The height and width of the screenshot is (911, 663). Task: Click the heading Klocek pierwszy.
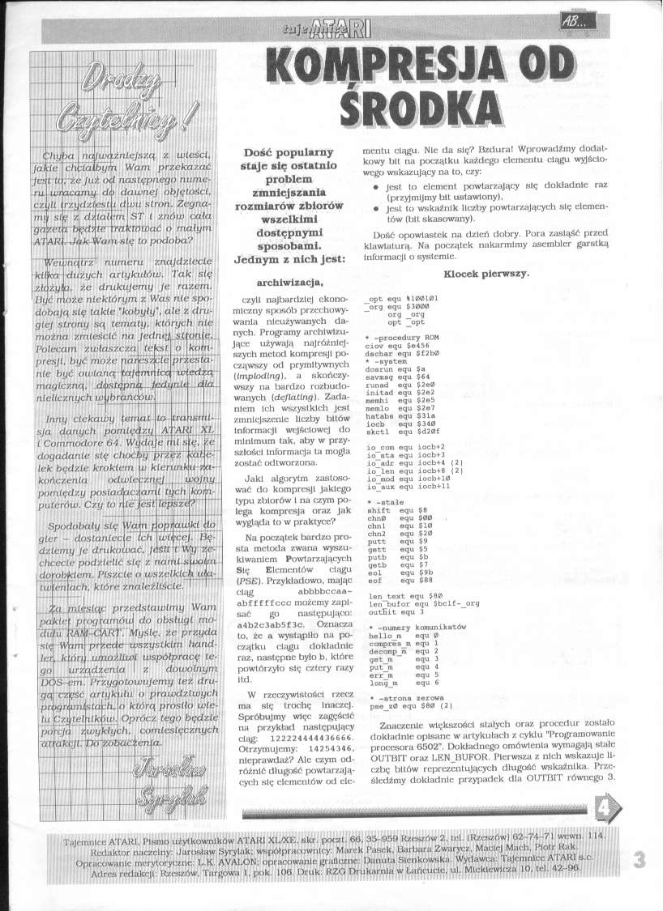click(x=487, y=274)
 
